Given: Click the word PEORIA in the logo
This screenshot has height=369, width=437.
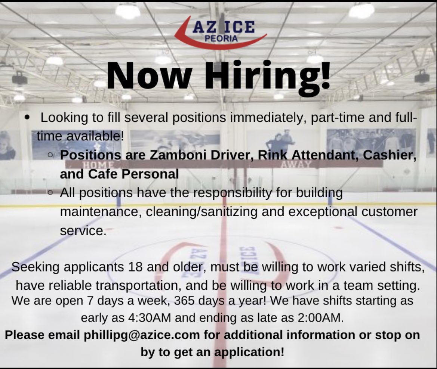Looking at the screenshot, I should coord(221,38).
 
